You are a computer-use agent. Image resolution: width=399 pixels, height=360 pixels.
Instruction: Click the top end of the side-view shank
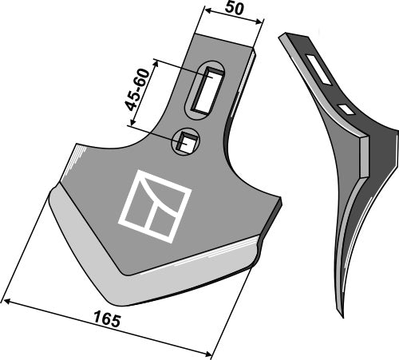(x=284, y=36)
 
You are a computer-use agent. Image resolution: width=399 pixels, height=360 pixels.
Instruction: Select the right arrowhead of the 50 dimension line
(x=262, y=29)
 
